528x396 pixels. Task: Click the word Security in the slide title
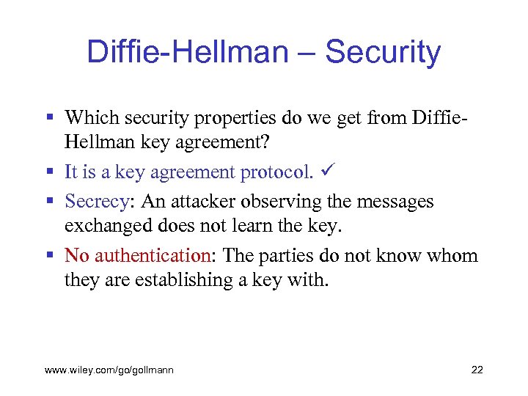[382, 53]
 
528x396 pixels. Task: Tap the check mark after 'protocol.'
[324, 172]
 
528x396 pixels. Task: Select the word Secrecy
[95, 201]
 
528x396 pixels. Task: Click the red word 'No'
[77, 256]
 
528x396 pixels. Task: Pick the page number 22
[477, 370]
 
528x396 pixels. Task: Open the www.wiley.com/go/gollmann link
[109, 370]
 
